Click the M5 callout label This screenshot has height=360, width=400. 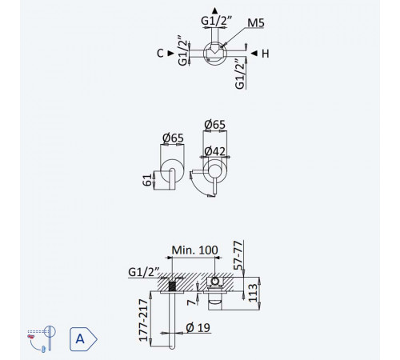pos(256,23)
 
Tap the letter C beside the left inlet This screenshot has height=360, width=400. pos(160,54)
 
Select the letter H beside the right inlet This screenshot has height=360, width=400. pos(266,54)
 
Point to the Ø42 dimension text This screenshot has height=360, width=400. pos(214,151)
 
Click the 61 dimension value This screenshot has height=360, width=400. pos(147,180)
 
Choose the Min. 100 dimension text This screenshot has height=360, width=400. pos(194,250)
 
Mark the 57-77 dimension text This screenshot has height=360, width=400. pos(238,255)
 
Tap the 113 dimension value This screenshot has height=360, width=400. pos(253,293)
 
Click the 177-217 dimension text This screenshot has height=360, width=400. pos(143,320)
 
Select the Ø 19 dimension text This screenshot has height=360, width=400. pos(198,327)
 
